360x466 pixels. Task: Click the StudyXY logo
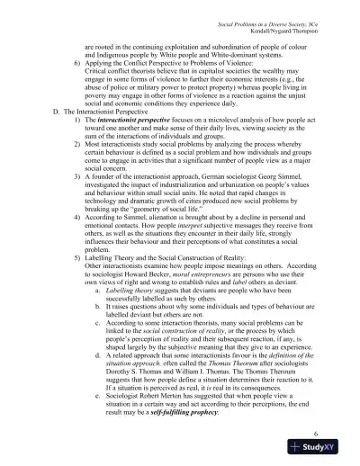[x=325, y=450]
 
